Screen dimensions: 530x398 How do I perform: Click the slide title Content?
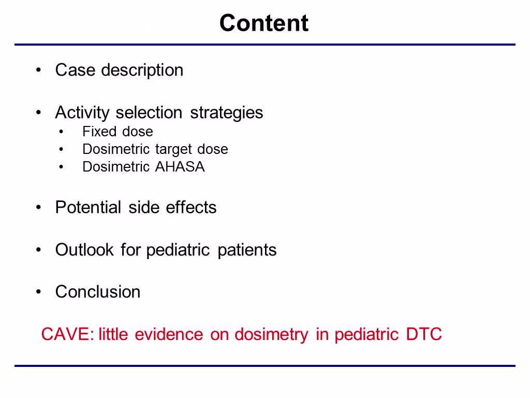[x=263, y=23]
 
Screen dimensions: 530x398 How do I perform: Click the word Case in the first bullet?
[x=76, y=70]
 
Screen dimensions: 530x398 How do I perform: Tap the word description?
[x=142, y=70]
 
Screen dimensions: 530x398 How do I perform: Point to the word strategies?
[x=227, y=113]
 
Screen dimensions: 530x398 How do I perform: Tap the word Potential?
[x=88, y=207]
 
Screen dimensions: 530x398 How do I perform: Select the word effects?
[x=192, y=207]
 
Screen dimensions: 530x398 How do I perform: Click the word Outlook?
[x=84, y=250]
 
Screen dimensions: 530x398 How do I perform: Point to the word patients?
[x=247, y=250]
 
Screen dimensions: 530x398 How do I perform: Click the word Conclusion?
[x=98, y=292]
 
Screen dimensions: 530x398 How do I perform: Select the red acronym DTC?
[x=424, y=334]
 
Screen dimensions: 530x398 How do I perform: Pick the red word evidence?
[x=169, y=334]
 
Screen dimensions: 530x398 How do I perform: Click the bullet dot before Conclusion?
[x=38, y=292]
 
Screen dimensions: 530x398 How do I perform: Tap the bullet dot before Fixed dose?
[x=61, y=132]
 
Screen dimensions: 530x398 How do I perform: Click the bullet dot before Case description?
[x=38, y=70]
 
